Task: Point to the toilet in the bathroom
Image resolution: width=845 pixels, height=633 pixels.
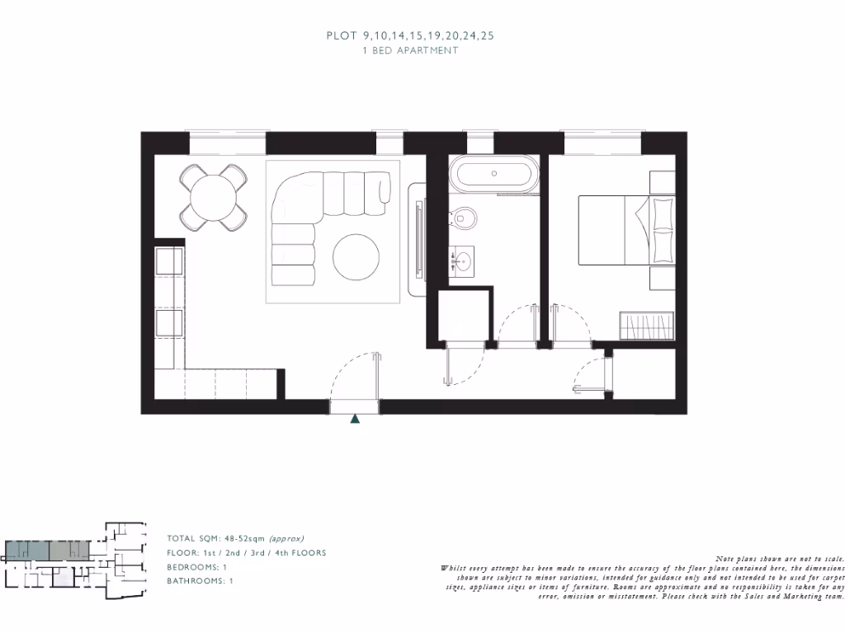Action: [465, 218]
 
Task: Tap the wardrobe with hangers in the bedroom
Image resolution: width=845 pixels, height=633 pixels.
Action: [647, 325]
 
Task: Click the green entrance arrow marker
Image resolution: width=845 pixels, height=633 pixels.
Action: [356, 419]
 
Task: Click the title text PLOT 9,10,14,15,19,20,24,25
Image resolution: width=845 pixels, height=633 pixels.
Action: [410, 35]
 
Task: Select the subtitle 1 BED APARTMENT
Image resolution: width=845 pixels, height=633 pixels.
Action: [410, 50]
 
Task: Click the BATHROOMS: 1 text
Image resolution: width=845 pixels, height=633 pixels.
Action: [201, 581]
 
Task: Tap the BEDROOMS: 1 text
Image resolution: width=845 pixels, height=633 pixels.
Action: [197, 567]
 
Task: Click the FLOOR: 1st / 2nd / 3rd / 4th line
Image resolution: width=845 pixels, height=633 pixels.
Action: [246, 553]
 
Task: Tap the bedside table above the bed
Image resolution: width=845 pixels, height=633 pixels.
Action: [662, 181]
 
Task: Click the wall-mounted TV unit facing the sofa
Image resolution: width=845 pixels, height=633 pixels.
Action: [420, 239]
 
